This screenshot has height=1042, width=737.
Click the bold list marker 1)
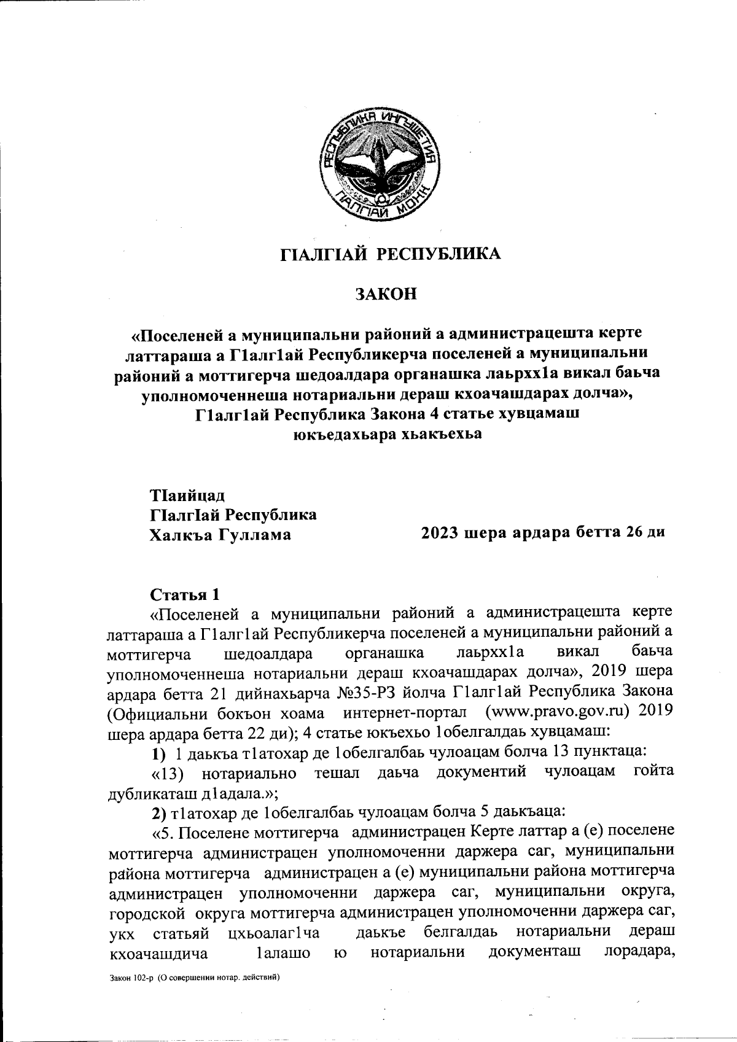(159, 750)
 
